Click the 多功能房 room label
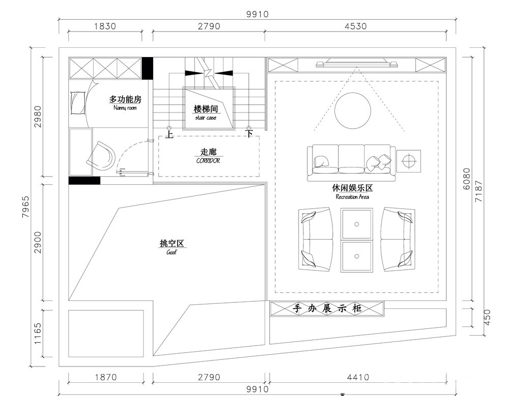[125, 99]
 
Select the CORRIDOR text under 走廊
[208, 161]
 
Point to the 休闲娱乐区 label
[352, 188]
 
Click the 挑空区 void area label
[172, 243]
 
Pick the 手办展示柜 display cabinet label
[327, 308]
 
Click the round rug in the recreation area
[353, 110]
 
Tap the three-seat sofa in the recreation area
[352, 162]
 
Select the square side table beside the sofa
[409, 161]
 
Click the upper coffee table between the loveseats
[356, 224]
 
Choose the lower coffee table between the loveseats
[356, 257]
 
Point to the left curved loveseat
[316, 240]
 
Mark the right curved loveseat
[398, 240]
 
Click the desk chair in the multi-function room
[101, 156]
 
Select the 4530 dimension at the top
[356, 26]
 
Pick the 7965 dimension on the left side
[25, 207]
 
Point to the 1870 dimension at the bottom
[106, 377]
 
